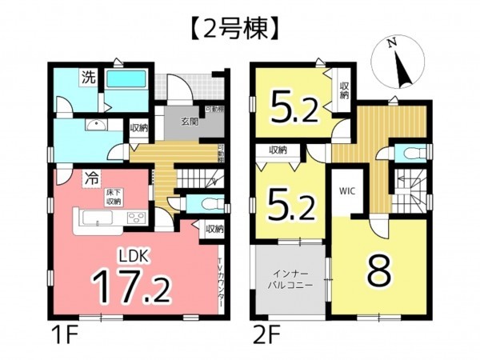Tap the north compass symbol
tap(398, 62)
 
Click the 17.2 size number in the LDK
tap(134, 286)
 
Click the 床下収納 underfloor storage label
tap(114, 198)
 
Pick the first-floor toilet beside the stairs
tap(210, 202)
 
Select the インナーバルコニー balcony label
tap(290, 278)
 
